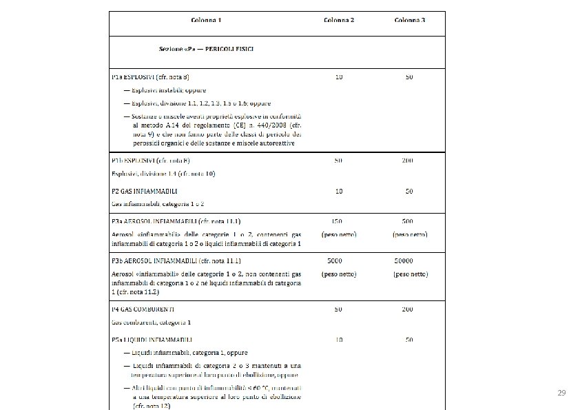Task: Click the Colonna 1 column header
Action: click(x=206, y=20)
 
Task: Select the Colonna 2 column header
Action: click(x=339, y=20)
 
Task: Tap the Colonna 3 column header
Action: click(x=409, y=20)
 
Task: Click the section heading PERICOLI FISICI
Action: click(x=235, y=50)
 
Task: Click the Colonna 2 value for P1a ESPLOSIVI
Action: click(x=339, y=76)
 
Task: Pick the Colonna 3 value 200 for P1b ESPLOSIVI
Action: click(x=409, y=161)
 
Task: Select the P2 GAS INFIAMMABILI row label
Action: click(x=145, y=190)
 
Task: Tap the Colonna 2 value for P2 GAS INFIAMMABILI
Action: click(x=339, y=190)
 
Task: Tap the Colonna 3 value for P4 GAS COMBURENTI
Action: click(x=409, y=309)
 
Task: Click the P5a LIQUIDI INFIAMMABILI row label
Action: click(x=151, y=340)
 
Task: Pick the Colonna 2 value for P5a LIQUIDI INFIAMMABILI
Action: click(x=339, y=340)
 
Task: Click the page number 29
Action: click(x=561, y=393)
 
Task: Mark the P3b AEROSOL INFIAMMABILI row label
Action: click(x=176, y=262)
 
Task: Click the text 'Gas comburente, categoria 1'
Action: click(x=151, y=322)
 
